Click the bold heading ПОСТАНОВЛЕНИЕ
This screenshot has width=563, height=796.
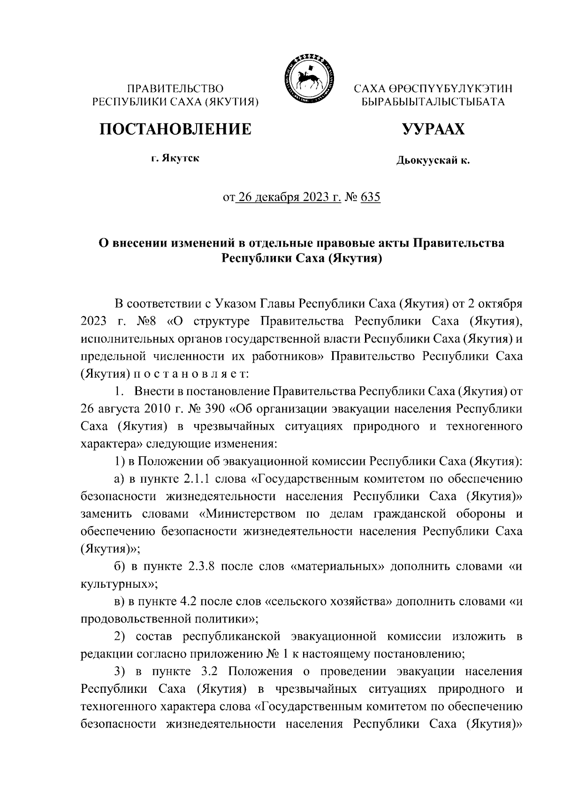175,129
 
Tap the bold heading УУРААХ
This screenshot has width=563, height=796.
433,129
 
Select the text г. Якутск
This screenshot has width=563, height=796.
175,159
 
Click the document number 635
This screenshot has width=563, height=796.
370,197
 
